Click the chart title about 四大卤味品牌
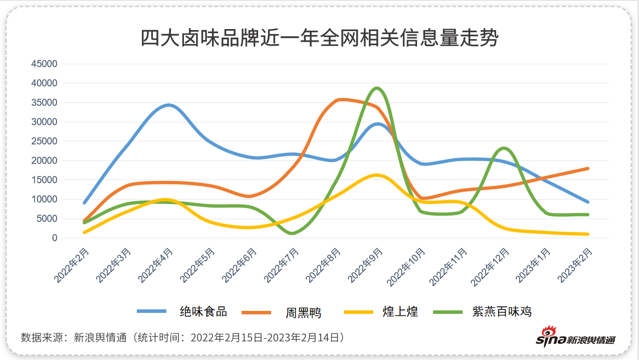point(319,38)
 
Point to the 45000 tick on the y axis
point(44,64)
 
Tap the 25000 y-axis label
point(44,141)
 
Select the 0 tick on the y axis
point(54,238)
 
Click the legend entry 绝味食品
point(203,311)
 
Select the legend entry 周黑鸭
point(303,313)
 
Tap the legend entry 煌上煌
point(400,311)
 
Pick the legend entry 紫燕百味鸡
point(501,311)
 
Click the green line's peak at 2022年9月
point(377,88)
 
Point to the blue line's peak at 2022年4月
point(168,105)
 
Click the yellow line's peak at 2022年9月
point(377,175)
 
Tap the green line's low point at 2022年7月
point(292,233)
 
